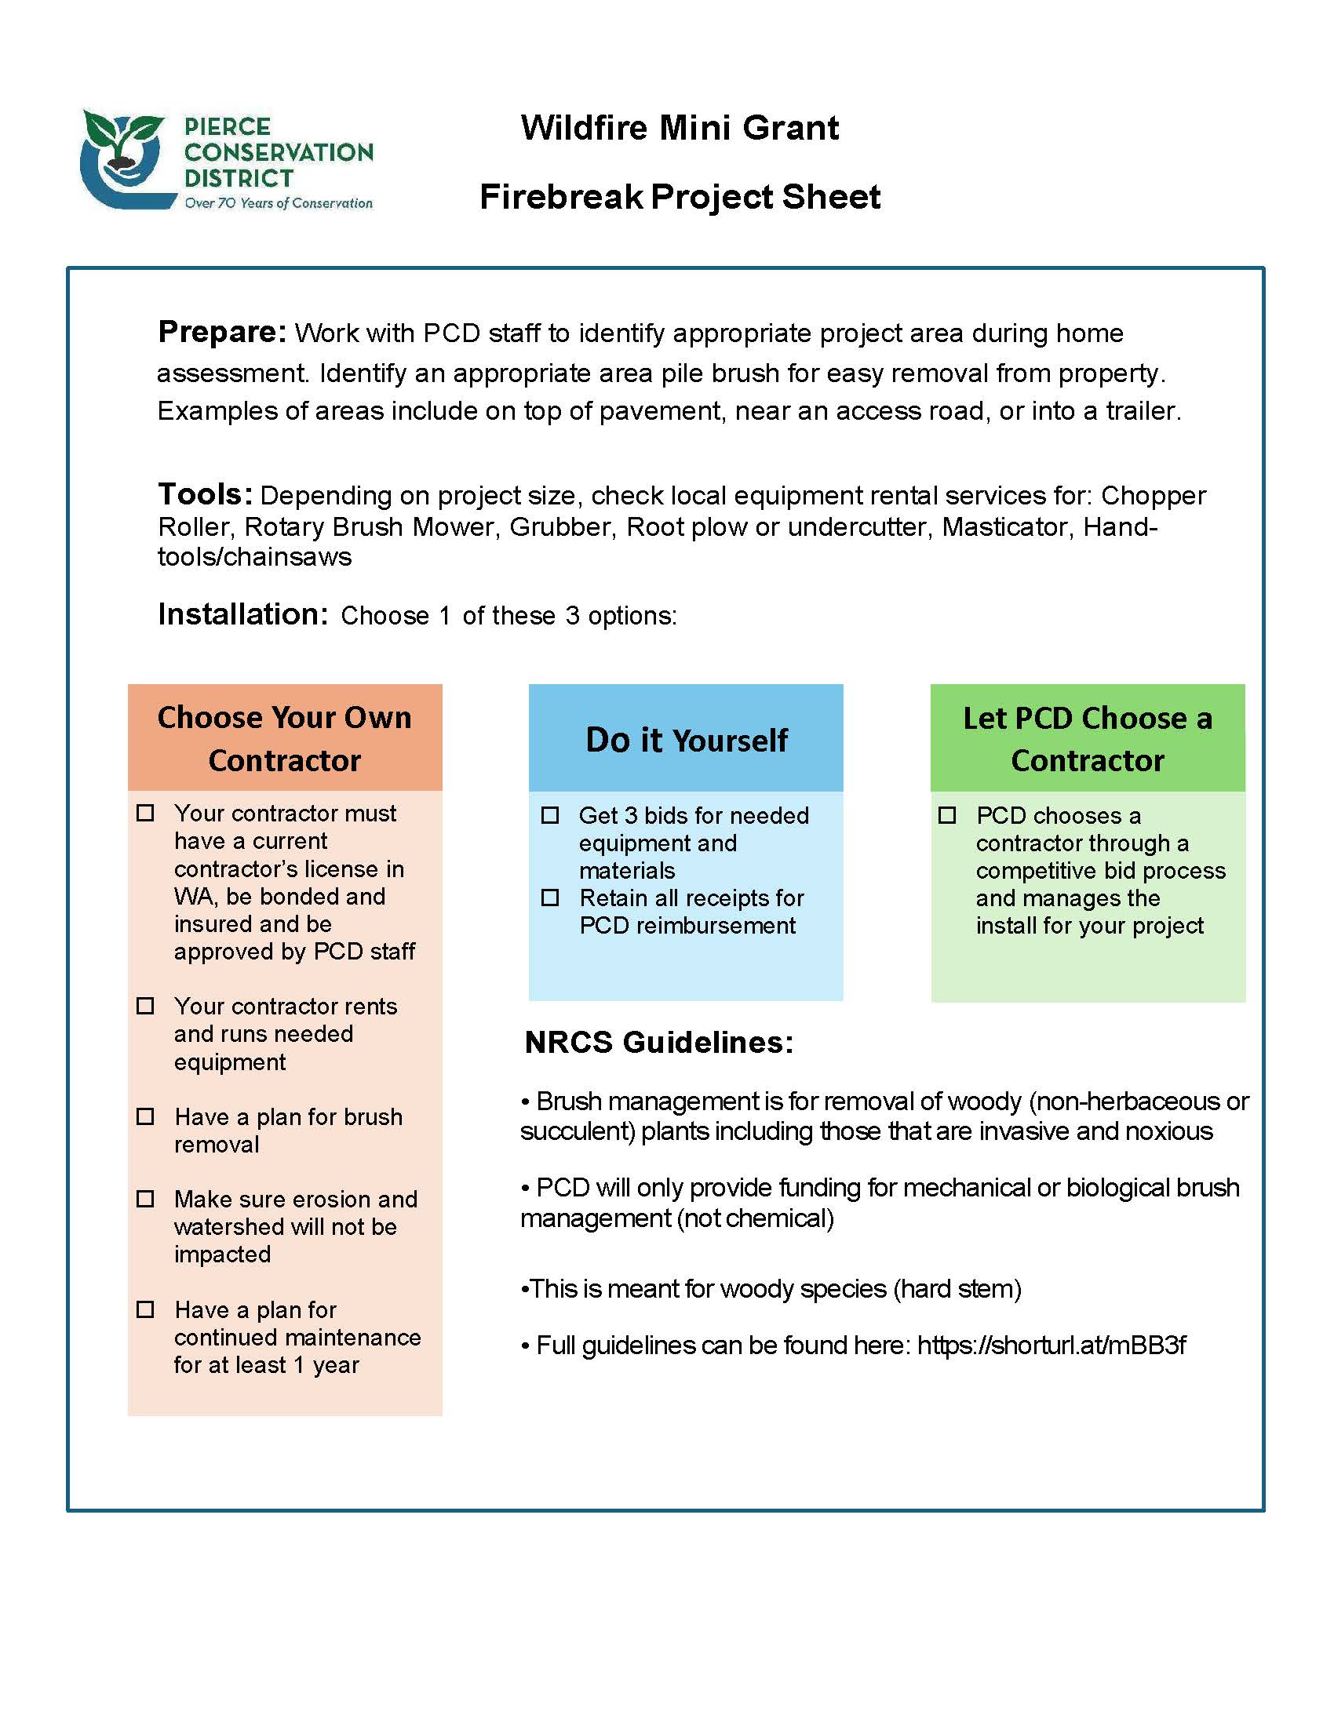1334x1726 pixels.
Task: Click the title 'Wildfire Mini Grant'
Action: coord(680,128)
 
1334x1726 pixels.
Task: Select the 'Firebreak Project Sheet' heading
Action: coord(680,197)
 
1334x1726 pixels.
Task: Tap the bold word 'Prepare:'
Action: coord(222,332)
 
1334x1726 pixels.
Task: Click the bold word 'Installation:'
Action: coord(242,614)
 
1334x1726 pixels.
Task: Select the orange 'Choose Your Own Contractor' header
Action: coord(285,737)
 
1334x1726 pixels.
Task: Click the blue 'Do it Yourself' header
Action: coord(686,739)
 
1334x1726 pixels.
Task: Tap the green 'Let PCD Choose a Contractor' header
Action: coord(1088,738)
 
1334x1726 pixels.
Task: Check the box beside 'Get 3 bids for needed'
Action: coord(550,815)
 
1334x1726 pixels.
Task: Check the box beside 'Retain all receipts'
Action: coord(550,898)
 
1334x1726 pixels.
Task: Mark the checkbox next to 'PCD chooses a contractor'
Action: coord(947,815)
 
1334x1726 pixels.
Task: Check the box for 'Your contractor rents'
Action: coord(145,1006)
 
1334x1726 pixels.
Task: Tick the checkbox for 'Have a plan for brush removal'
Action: coord(145,1116)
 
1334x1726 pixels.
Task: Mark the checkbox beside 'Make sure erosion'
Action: coord(145,1199)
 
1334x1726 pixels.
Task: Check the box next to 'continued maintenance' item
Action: coord(145,1309)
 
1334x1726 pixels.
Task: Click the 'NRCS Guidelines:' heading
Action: coord(659,1043)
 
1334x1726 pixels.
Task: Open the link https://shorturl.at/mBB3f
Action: coord(1051,1345)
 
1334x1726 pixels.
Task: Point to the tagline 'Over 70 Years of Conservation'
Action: coord(279,203)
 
